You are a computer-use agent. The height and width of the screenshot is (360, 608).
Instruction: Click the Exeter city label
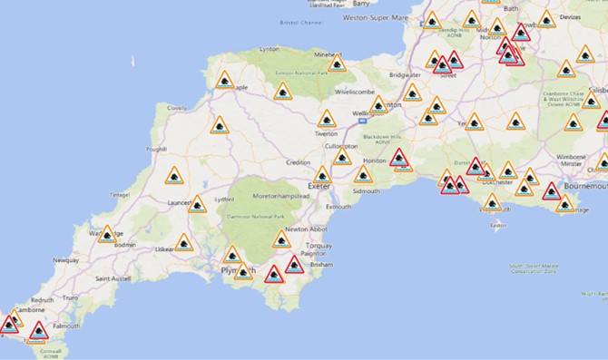(x=319, y=187)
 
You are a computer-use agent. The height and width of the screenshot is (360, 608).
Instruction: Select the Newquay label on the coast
(x=66, y=259)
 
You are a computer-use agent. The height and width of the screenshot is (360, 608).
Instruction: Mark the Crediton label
(x=298, y=162)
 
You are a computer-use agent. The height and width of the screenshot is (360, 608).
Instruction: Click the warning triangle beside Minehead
(x=336, y=63)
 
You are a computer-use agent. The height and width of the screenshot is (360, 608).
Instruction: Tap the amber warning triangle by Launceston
(x=196, y=204)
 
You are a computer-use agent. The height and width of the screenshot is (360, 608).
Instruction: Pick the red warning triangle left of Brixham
(x=293, y=265)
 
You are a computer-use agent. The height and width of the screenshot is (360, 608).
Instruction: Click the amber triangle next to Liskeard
(x=184, y=243)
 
